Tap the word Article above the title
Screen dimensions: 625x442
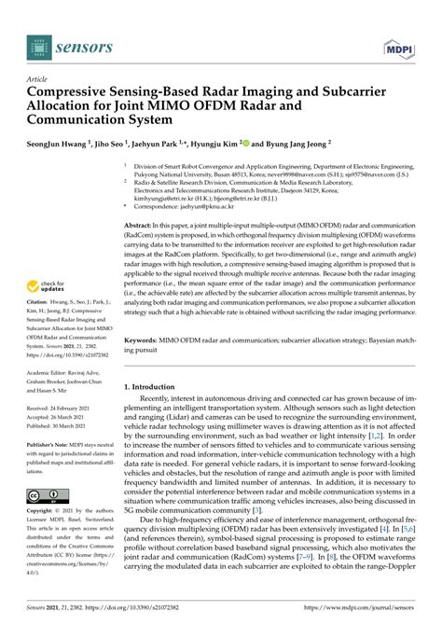[37, 80]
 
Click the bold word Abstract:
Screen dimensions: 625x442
[142, 227]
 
